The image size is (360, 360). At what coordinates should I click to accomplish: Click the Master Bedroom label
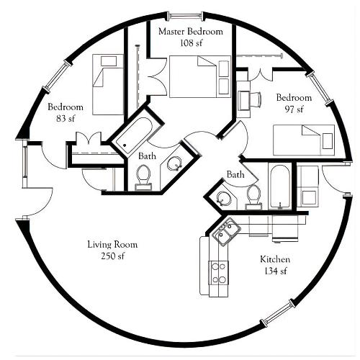(191, 32)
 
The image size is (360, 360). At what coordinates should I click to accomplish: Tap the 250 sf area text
(113, 256)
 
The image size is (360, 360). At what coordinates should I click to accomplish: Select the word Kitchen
(275, 259)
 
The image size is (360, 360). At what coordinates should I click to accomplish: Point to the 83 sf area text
(66, 118)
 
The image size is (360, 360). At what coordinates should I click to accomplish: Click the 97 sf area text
(294, 109)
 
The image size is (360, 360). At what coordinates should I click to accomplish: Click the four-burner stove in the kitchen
(218, 273)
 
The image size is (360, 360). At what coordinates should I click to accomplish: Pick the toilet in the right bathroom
(253, 197)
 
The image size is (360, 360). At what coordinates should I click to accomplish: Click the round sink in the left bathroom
(174, 163)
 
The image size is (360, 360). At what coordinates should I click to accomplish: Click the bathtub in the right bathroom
(280, 186)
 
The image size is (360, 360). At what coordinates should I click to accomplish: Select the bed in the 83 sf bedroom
(108, 84)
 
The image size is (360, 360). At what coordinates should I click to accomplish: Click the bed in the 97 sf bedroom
(304, 140)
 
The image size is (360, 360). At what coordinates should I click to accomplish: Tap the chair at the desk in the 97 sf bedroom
(256, 101)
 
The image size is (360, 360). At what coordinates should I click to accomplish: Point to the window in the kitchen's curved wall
(279, 311)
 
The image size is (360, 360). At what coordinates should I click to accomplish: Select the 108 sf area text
(191, 43)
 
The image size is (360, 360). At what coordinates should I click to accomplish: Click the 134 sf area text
(276, 271)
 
